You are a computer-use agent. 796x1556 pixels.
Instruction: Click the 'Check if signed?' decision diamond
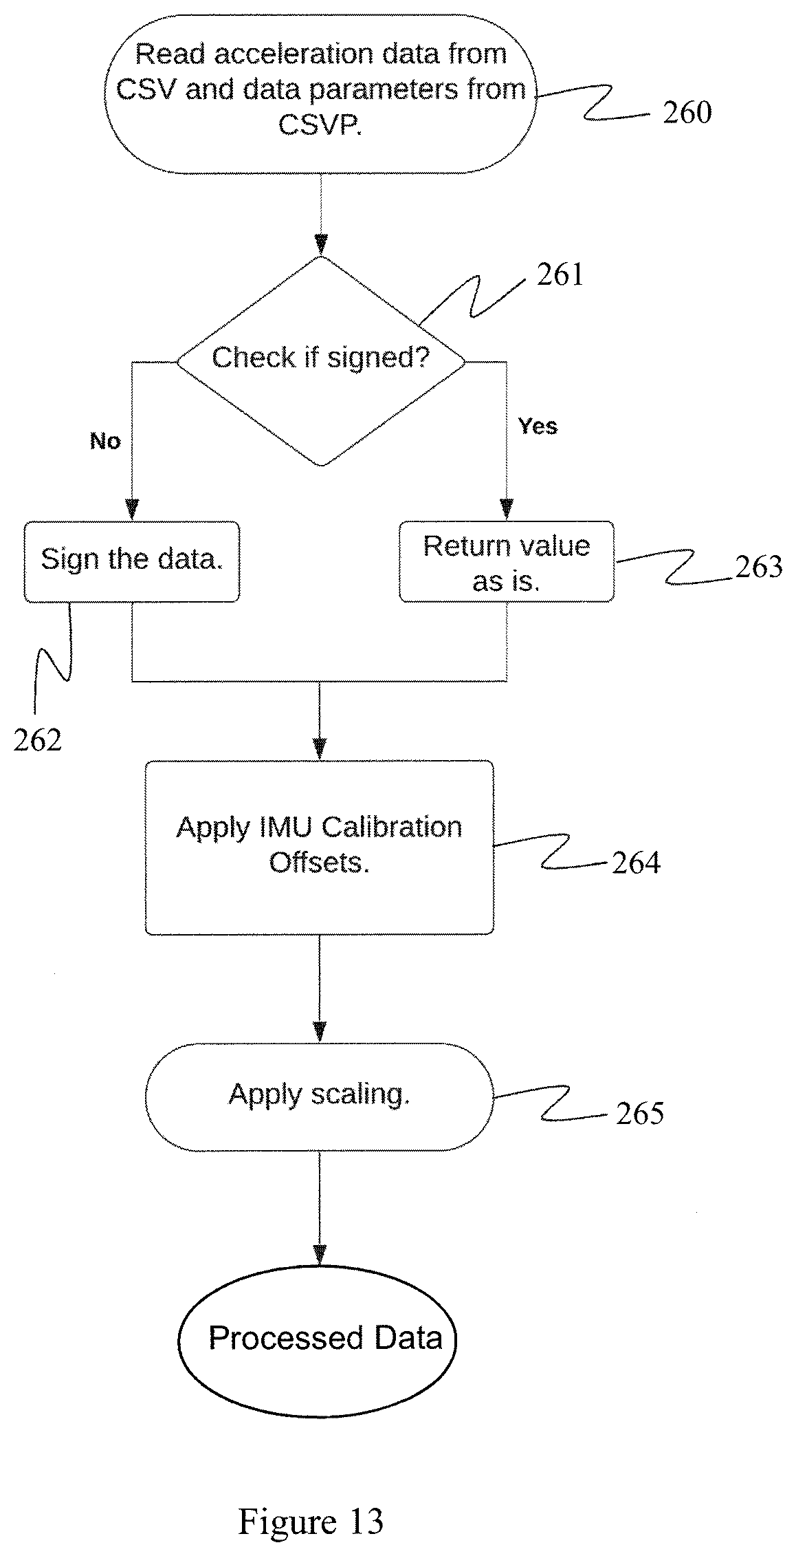[x=320, y=360]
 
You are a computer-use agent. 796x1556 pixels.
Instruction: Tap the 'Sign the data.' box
[x=132, y=562]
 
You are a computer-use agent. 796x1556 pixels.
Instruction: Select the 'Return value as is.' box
[x=507, y=562]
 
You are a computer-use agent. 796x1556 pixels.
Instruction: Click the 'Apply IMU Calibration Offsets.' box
[x=320, y=847]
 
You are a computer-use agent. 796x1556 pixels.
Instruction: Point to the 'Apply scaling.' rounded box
[x=320, y=1096]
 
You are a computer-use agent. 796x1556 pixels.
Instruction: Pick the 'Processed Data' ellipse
[x=318, y=1338]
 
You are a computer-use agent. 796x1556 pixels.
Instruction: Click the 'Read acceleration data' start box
[x=320, y=94]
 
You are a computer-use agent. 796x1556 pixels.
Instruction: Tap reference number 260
[x=687, y=112]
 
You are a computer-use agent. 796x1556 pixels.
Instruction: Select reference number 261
[x=560, y=274]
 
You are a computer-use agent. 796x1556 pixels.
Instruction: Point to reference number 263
[x=759, y=567]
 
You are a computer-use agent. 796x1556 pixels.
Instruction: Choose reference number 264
[x=637, y=863]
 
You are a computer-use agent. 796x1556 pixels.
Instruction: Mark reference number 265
[x=640, y=1113]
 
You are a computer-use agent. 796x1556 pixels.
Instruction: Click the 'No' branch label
[x=105, y=441]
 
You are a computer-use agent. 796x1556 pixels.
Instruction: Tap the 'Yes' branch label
[x=538, y=426]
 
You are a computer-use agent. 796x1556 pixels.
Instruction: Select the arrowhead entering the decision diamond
[x=320, y=245]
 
